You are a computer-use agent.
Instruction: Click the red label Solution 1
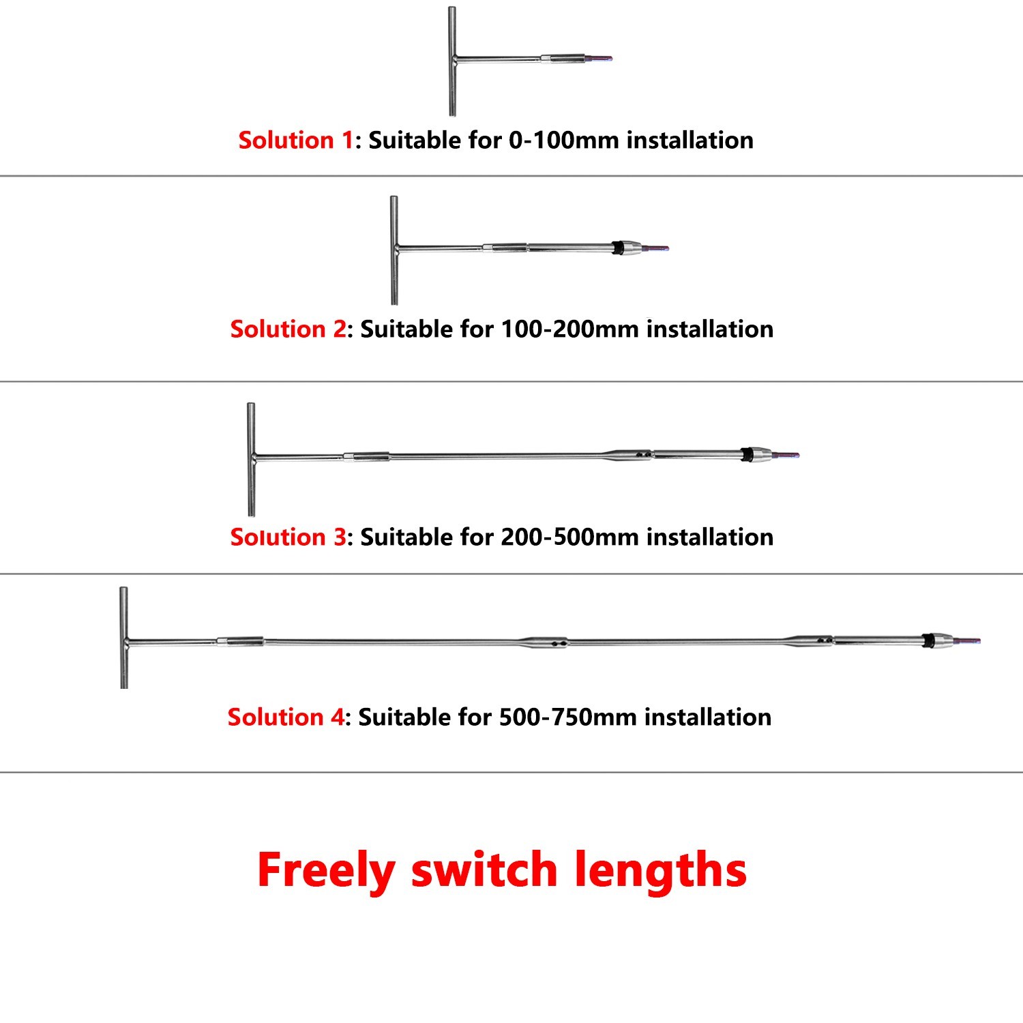click(x=295, y=140)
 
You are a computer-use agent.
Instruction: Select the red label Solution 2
click(x=288, y=329)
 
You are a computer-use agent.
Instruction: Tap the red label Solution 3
click(x=288, y=537)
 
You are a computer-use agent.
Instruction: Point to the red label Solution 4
click(x=286, y=717)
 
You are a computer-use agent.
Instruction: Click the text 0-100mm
click(x=565, y=140)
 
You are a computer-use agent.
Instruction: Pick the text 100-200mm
click(x=570, y=329)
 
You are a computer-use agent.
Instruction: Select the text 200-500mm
click(x=570, y=537)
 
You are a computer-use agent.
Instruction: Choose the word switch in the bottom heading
click(x=484, y=870)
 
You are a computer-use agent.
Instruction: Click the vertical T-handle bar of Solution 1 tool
click(x=451, y=61)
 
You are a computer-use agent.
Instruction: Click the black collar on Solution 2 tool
click(x=618, y=248)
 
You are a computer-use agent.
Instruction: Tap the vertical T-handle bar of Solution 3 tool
click(x=251, y=459)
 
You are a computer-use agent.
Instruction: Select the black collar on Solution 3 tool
click(x=747, y=455)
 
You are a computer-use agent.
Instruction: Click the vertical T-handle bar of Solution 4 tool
click(x=123, y=638)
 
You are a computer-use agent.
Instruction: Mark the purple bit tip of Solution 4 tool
click(x=968, y=641)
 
